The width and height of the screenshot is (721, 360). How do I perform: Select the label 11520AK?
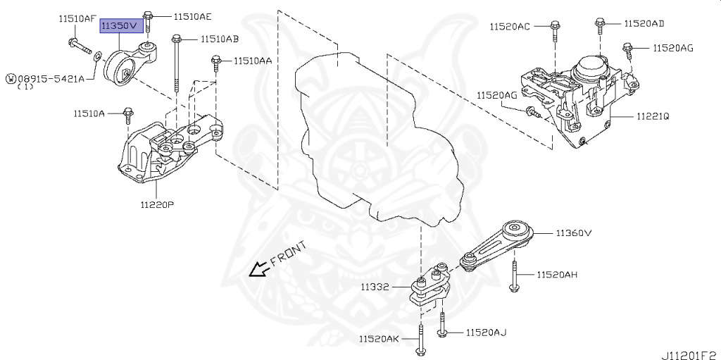point(379,340)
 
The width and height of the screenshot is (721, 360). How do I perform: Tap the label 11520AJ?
point(486,332)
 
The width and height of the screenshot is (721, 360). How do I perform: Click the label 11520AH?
point(557,274)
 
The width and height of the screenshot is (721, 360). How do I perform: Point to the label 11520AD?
point(644,23)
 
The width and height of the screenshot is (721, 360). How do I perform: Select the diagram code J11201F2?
point(689,350)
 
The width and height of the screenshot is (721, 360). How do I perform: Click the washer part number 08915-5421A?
point(51,78)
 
